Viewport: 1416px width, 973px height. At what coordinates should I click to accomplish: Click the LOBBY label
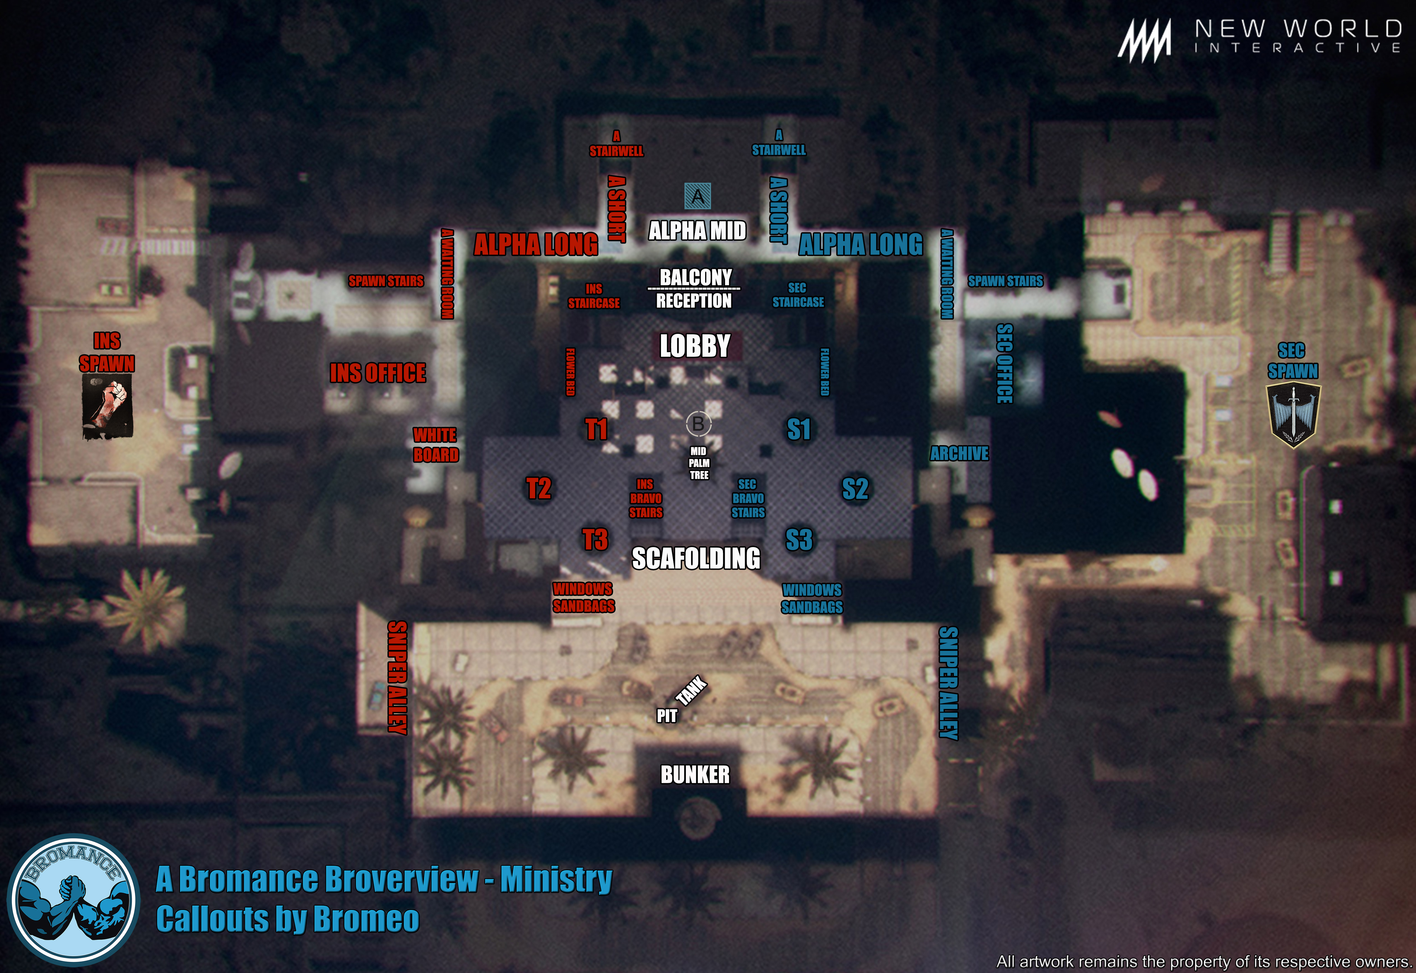coord(694,346)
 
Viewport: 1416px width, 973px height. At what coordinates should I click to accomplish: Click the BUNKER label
coord(694,774)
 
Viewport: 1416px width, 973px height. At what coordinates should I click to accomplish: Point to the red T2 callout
coord(538,488)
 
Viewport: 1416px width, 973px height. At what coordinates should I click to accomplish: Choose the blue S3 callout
coord(799,540)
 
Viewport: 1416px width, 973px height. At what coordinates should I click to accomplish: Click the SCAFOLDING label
coord(696,558)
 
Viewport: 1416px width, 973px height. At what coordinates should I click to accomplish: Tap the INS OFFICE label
coord(378,373)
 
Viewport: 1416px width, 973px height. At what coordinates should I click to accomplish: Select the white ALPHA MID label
coord(697,231)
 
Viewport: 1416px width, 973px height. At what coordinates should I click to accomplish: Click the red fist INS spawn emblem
coord(107,406)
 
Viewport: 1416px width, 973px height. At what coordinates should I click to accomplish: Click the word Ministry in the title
coord(556,879)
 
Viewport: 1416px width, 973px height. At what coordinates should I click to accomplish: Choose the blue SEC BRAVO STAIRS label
coord(748,498)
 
